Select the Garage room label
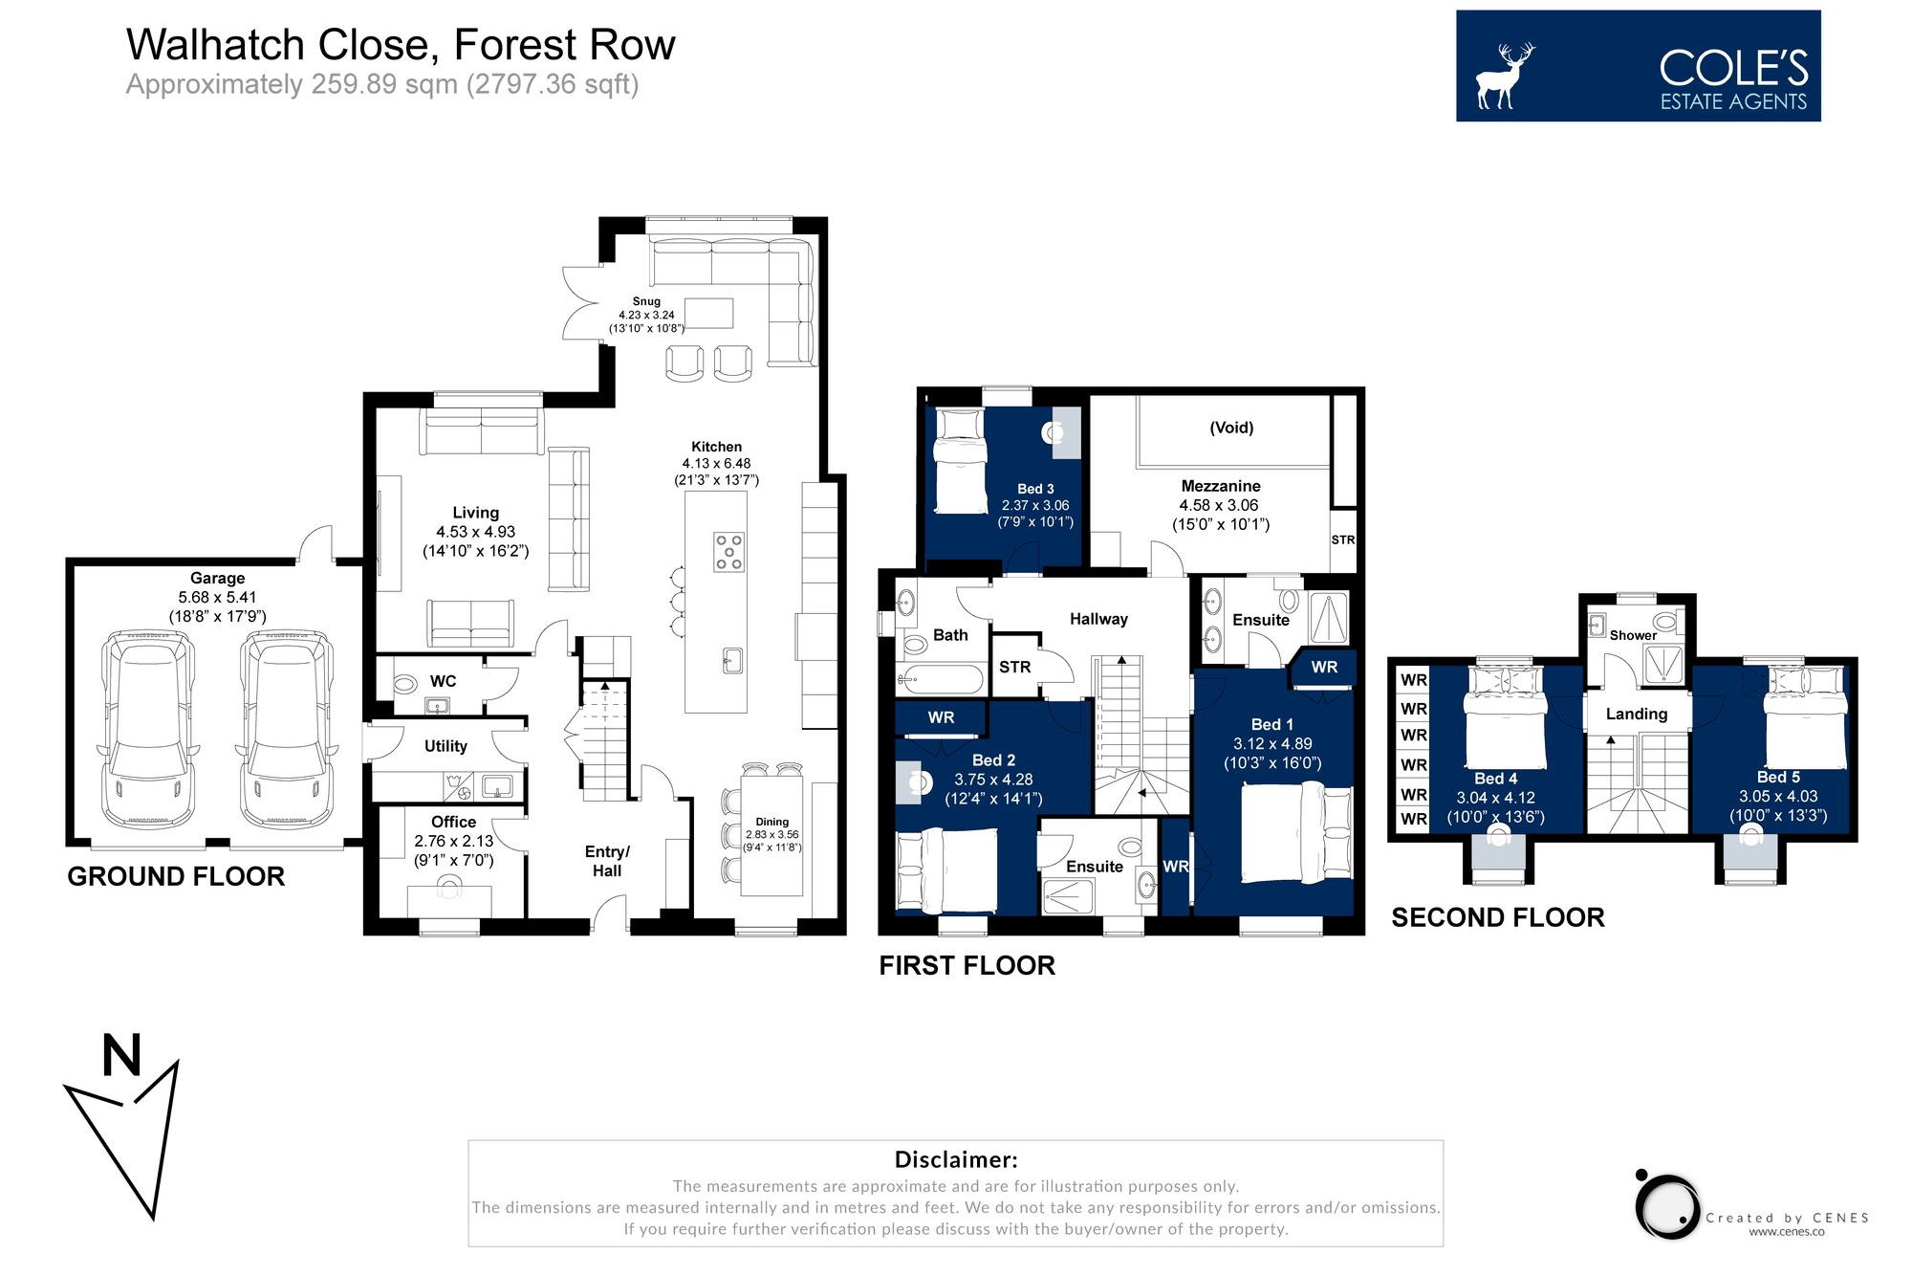217,578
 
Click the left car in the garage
148,729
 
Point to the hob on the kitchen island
729,552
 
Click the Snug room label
646,301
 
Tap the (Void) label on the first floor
1231,428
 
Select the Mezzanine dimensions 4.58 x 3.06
1219,505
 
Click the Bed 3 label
1035,489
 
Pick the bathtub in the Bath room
940,679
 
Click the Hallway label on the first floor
1098,619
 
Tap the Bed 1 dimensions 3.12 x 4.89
1272,743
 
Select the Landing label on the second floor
1636,714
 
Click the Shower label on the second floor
1633,635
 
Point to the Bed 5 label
1778,777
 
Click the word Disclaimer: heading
956,1159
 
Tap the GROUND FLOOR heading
176,876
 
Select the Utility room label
445,746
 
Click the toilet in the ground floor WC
405,683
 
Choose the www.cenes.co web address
1786,1231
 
